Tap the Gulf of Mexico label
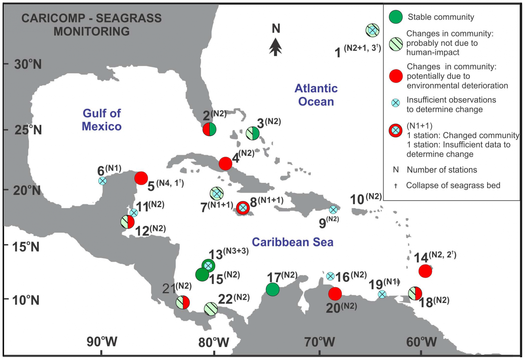(101, 120)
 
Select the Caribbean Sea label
(293, 242)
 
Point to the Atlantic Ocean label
(316, 95)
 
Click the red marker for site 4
(225, 163)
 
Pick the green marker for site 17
(273, 289)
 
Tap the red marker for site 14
(425, 271)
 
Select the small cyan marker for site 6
(102, 181)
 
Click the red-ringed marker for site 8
(243, 208)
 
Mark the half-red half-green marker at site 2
(210, 129)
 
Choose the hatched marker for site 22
(211, 309)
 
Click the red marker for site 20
(335, 294)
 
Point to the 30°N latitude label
(28, 64)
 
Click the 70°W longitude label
(320, 342)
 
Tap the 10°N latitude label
(26, 300)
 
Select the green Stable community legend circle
(396, 17)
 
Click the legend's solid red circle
(396, 76)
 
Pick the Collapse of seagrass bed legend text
(453, 185)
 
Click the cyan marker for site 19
(382, 294)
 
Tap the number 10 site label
(357, 200)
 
